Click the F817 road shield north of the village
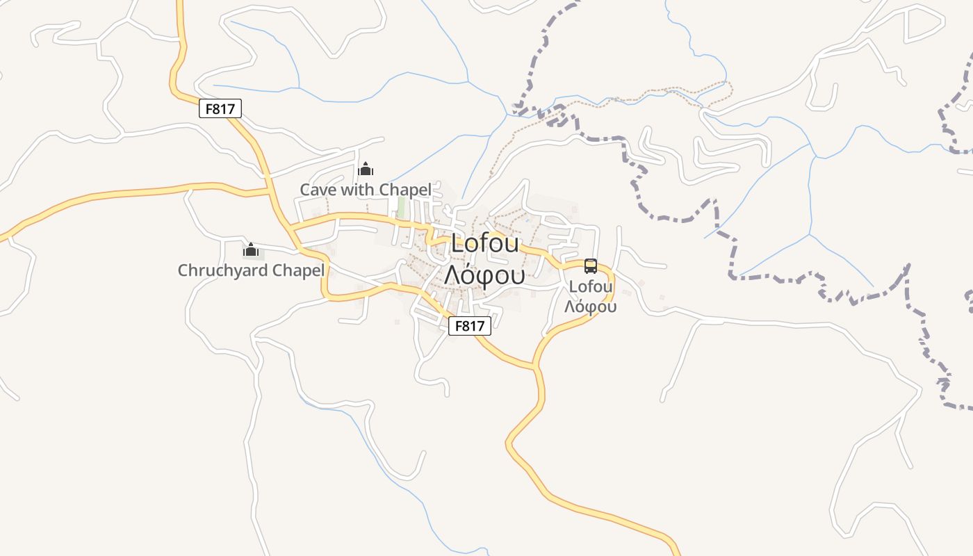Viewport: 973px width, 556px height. [220, 108]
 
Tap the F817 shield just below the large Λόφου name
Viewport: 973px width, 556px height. [470, 326]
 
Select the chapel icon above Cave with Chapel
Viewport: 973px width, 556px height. [366, 169]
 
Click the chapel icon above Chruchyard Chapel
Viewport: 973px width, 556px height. [250, 250]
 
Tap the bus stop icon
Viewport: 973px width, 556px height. [591, 265]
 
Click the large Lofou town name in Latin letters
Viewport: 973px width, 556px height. [485, 244]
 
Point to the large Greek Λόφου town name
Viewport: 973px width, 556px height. [484, 276]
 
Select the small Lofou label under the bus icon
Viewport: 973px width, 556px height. [591, 286]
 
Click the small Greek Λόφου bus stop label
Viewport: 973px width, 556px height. [591, 306]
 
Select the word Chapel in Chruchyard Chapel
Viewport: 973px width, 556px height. [300, 270]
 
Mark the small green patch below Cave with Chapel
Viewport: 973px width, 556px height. [401, 206]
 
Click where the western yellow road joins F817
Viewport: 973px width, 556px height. [270, 189]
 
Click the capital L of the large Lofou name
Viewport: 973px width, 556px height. [457, 244]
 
